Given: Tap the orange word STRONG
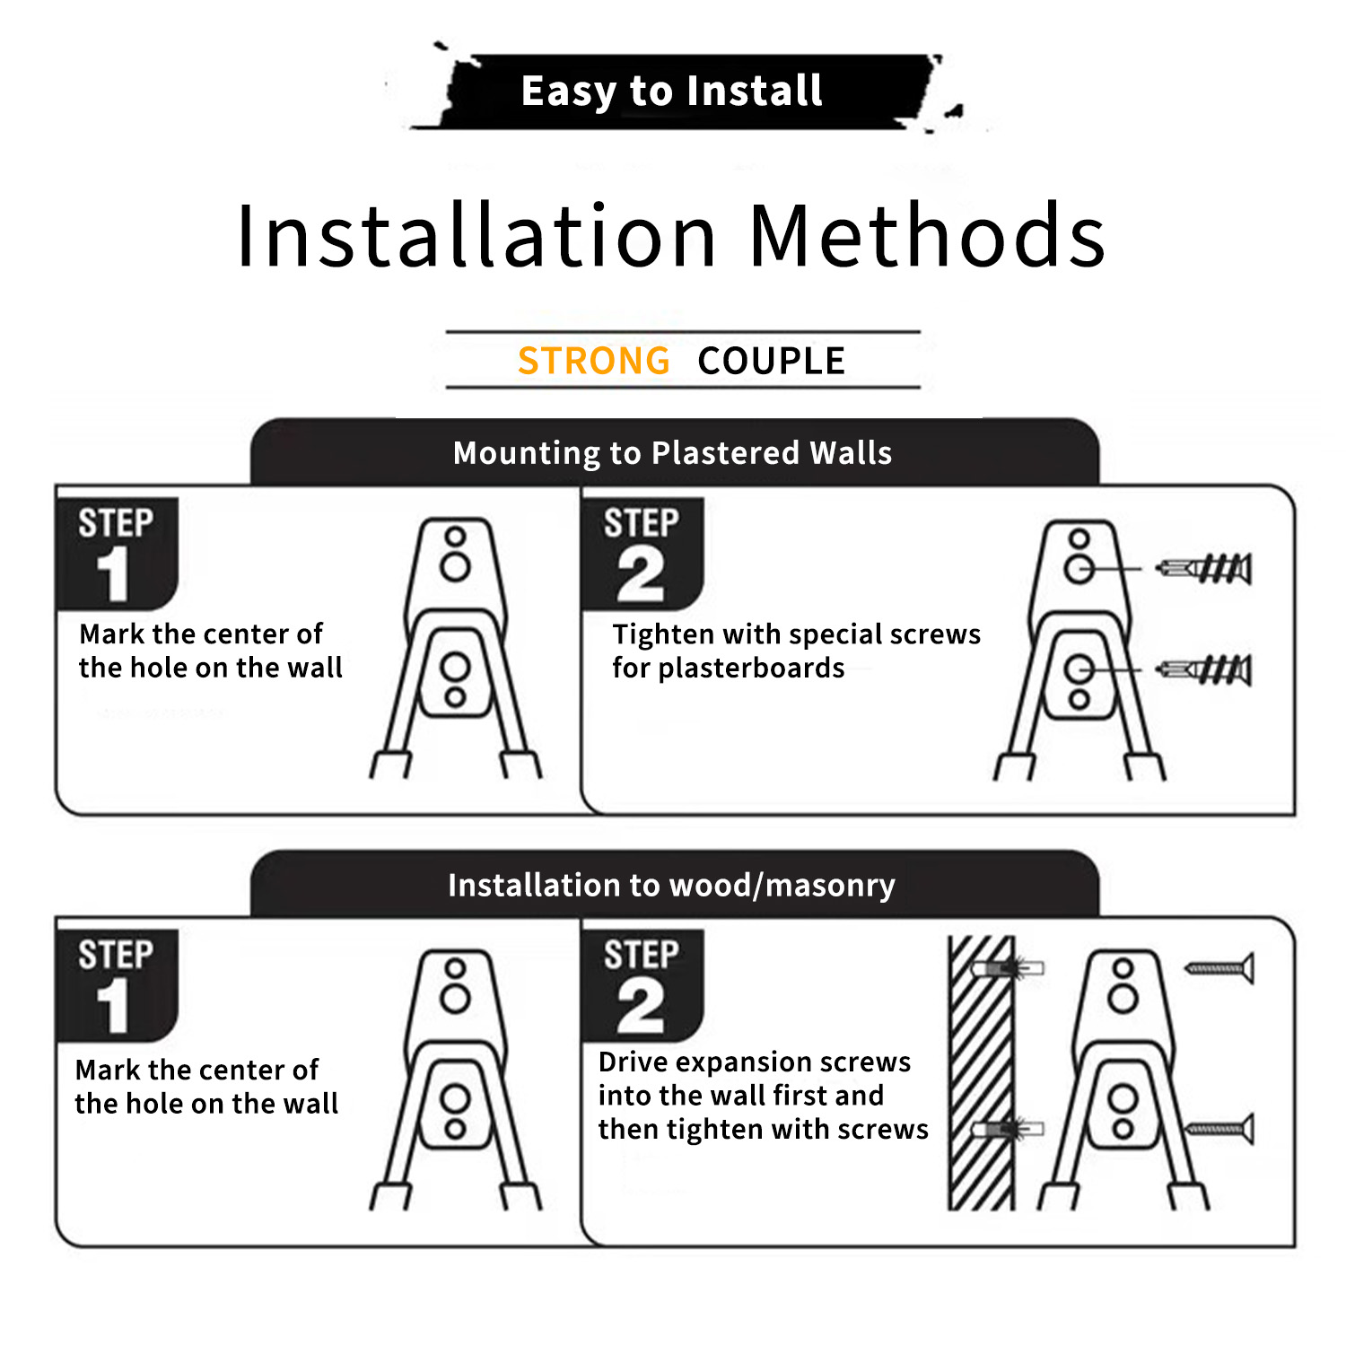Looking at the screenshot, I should point(594,361).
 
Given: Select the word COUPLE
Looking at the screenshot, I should point(772,361).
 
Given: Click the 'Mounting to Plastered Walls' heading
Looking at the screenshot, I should point(673,453).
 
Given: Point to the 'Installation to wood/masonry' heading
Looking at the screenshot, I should point(671,886).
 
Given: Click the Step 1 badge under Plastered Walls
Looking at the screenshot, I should point(117,553).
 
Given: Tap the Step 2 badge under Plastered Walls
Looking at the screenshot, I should point(642,553).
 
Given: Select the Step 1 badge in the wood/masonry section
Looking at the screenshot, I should point(117,984).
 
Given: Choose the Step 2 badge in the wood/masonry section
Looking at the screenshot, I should point(642,984).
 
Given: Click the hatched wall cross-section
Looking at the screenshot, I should point(981,1072).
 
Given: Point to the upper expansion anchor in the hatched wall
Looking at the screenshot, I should point(1010,969).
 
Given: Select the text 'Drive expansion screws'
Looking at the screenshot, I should point(755,1062).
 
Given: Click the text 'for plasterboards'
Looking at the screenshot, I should point(729,669).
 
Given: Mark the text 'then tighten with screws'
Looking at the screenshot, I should point(764,1129).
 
